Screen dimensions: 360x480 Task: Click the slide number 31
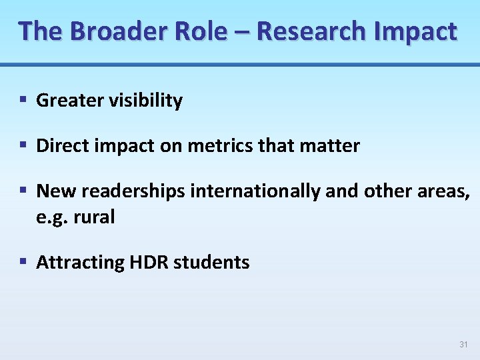point(464,345)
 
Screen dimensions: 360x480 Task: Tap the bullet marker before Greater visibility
point(23,100)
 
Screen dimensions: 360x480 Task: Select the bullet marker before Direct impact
point(23,145)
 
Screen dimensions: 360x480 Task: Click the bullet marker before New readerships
point(23,191)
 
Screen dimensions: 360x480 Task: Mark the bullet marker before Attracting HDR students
point(23,262)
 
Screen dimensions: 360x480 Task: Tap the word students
point(211,263)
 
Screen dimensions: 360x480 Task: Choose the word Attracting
point(80,263)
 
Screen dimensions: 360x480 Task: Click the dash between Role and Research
point(241,32)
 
